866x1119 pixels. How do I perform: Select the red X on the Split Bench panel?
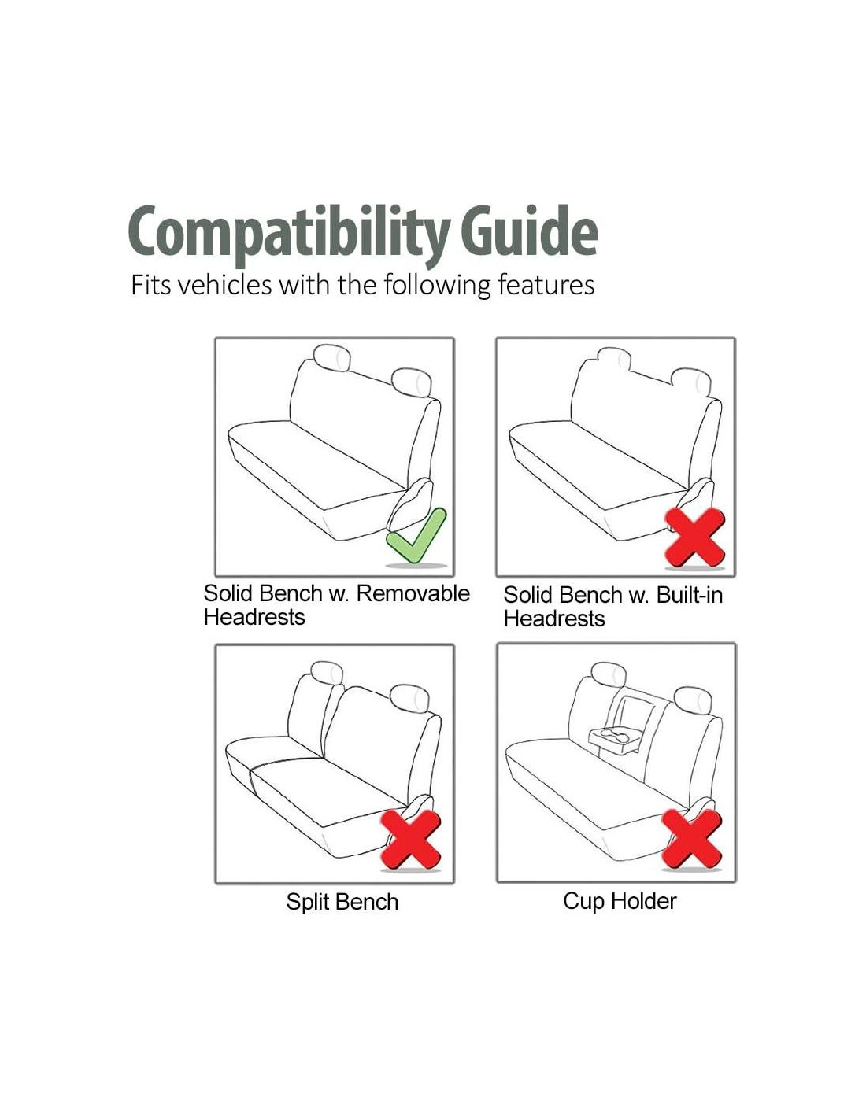click(x=410, y=840)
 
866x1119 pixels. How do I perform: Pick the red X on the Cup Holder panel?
click(x=691, y=838)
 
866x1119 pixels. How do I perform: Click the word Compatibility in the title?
click(x=288, y=233)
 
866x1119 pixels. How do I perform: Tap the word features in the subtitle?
click(x=546, y=285)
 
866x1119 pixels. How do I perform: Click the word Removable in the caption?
click(x=413, y=593)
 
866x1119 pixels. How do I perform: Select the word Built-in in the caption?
click(x=690, y=595)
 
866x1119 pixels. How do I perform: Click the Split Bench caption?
click(x=342, y=902)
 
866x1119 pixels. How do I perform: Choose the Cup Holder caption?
click(x=620, y=901)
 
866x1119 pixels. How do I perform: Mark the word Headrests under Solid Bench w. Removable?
click(x=254, y=616)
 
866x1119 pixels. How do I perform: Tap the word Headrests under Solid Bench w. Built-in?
click(x=553, y=618)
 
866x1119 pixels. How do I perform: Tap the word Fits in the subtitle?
click(x=150, y=284)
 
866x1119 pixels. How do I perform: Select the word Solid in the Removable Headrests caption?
click(x=227, y=593)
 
